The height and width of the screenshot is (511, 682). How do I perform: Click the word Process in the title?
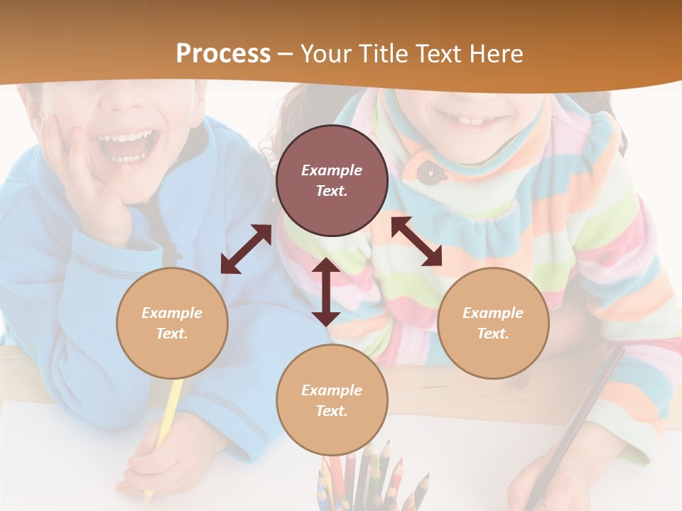(223, 54)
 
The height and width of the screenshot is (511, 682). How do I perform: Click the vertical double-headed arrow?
(326, 292)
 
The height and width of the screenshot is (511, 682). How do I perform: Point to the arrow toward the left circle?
(246, 249)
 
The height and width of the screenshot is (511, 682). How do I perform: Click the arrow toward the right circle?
(416, 241)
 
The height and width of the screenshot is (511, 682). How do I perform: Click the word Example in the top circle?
(332, 170)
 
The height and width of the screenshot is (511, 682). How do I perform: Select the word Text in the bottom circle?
(332, 411)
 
